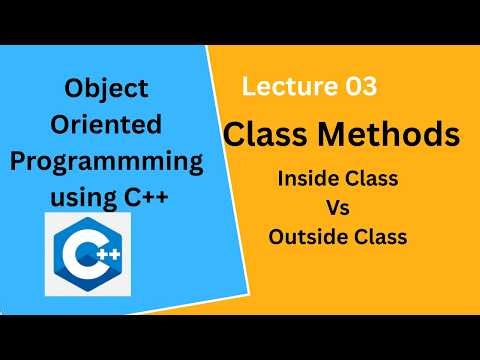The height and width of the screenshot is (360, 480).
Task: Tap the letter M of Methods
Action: tap(345, 133)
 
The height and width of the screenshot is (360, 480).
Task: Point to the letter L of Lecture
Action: tap(249, 87)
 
